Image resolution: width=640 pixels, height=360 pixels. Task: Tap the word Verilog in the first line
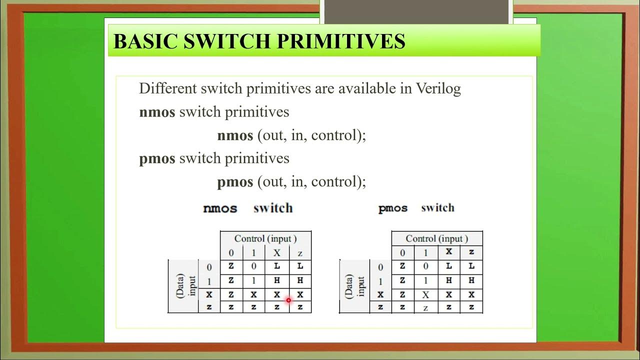[x=438, y=88]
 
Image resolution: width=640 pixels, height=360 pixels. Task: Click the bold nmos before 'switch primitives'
[x=157, y=112]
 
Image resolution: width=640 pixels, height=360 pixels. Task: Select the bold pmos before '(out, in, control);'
[x=235, y=181]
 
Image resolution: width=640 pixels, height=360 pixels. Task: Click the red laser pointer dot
[x=288, y=300]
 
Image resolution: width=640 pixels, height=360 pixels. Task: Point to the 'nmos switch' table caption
[x=248, y=208]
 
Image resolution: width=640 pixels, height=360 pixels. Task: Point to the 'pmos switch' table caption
[x=416, y=208]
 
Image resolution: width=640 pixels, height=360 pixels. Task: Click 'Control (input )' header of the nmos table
[x=265, y=238]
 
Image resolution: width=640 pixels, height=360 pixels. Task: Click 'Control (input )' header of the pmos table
[x=436, y=238]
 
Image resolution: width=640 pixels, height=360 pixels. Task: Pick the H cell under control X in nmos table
[x=277, y=281]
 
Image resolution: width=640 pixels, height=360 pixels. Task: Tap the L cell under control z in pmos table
[x=471, y=266]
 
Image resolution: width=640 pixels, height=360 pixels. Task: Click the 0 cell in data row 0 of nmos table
[x=253, y=266]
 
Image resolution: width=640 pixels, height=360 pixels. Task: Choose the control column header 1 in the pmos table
[x=425, y=252]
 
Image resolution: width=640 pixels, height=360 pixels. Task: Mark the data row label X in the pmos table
[x=380, y=295]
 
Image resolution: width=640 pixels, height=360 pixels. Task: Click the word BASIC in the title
[x=146, y=41]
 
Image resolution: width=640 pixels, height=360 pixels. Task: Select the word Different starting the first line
[x=167, y=88]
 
